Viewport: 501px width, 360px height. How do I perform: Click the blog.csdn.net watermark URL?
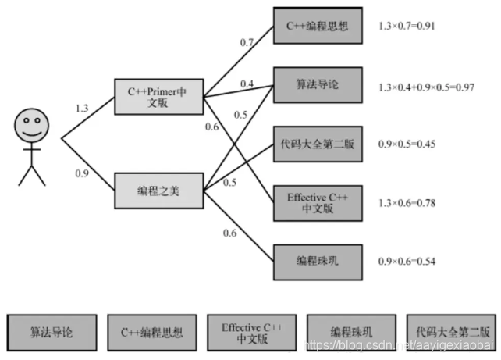click(x=398, y=344)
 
